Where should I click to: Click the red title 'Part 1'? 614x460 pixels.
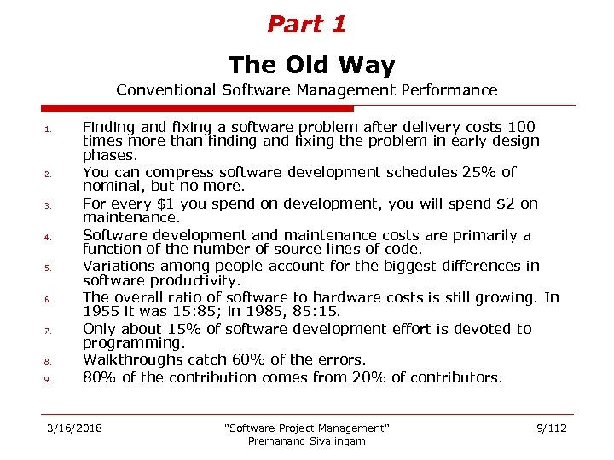(x=306, y=25)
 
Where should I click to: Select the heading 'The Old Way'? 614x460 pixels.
(x=311, y=66)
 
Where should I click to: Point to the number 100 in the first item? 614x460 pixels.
(x=520, y=126)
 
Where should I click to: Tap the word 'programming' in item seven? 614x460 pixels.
(x=132, y=343)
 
